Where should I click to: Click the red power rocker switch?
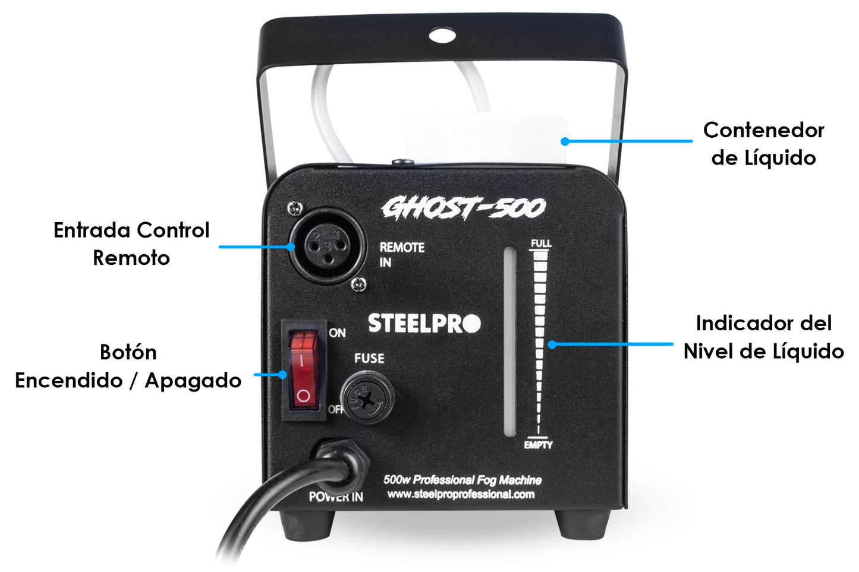304,369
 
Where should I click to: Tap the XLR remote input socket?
326,247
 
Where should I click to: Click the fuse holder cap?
367,397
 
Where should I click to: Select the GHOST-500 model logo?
463,208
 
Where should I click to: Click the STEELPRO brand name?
424,323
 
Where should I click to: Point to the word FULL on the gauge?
541,244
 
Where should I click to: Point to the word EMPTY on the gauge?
539,445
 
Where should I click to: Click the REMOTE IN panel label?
402,255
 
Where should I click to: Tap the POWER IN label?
336,497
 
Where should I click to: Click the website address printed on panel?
461,494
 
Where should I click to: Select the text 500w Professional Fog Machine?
462,480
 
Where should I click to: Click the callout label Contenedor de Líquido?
763,144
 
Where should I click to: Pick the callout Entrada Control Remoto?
131,244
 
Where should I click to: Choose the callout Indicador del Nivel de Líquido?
763,337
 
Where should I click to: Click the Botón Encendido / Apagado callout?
128,366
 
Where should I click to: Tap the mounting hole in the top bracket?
442,35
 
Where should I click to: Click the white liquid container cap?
486,138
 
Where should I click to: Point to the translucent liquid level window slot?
510,342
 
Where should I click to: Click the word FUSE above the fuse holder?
369,358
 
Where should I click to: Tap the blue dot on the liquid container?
565,141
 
